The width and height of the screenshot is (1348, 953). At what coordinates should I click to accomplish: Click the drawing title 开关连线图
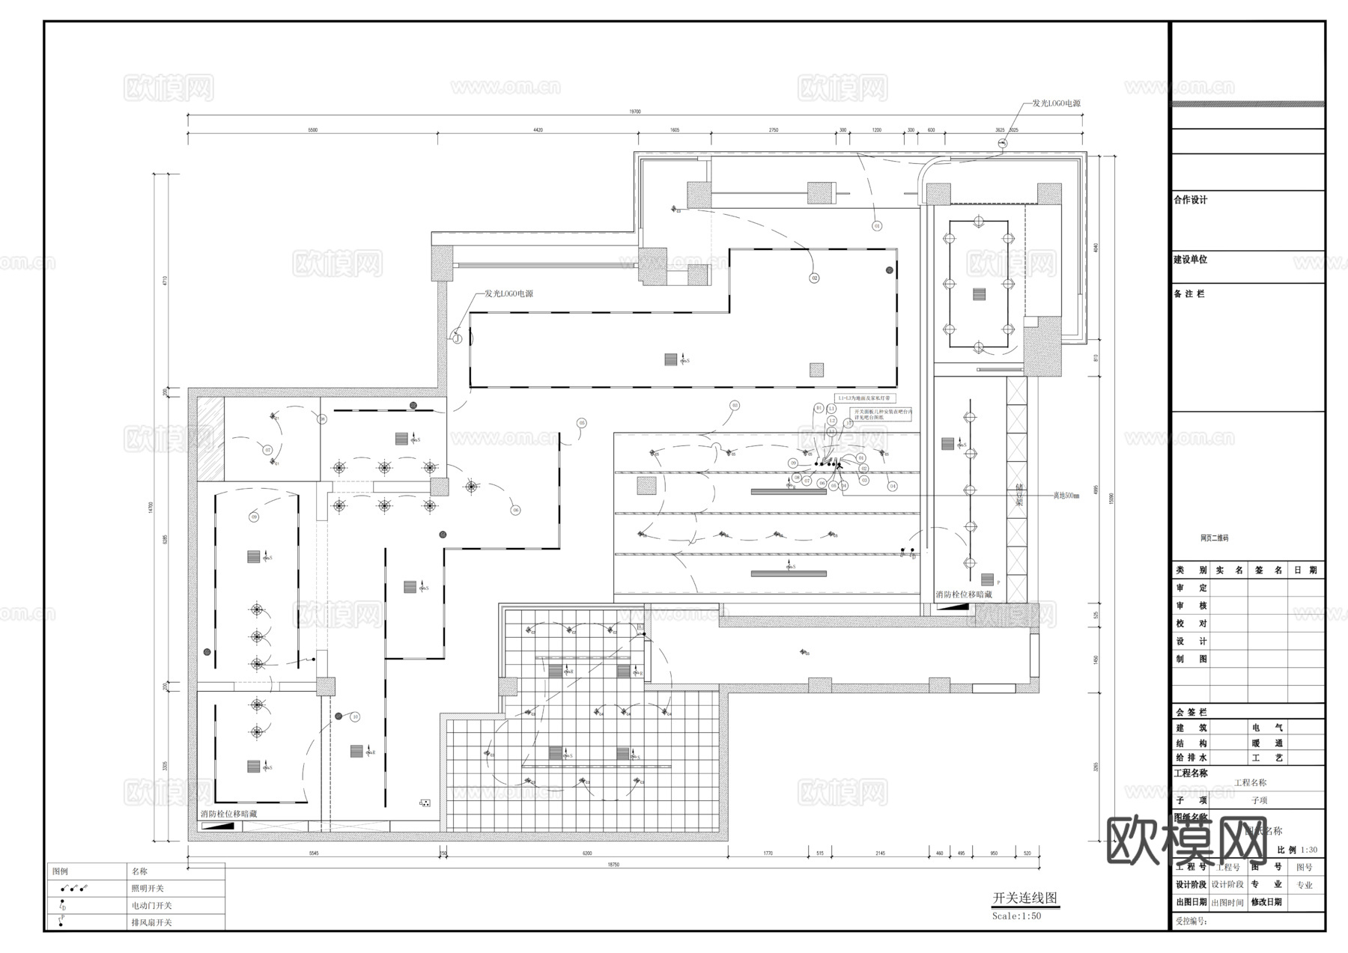[1024, 898]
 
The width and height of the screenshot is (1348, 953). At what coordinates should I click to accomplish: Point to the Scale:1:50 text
[1016, 916]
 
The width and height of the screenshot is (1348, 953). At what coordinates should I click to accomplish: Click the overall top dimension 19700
[634, 112]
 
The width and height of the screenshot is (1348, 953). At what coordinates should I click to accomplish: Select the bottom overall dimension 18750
[613, 865]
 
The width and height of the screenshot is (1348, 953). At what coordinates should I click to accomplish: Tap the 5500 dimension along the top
[312, 130]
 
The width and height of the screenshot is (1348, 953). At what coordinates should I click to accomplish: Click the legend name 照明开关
[147, 889]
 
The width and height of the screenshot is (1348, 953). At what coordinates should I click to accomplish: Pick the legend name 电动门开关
[151, 906]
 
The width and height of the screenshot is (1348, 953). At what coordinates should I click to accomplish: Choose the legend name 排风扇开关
[151, 923]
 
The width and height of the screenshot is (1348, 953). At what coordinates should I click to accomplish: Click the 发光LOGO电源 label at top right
[1056, 103]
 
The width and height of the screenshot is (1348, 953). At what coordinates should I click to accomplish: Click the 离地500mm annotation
[1066, 496]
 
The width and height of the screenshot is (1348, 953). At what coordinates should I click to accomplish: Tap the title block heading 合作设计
[1190, 200]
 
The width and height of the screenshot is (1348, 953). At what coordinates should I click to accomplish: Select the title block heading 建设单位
[1190, 260]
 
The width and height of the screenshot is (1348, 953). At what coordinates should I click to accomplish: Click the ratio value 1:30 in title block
[1309, 850]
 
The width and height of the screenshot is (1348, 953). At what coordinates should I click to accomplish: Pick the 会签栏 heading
[1191, 712]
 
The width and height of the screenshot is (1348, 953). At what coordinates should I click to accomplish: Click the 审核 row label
[1191, 606]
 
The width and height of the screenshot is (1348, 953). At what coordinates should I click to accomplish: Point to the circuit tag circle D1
[819, 408]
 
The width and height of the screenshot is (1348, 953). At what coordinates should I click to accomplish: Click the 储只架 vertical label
[1019, 495]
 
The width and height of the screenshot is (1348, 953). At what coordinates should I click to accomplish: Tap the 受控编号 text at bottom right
[1191, 922]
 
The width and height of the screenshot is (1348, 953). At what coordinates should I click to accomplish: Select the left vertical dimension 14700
[151, 508]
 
